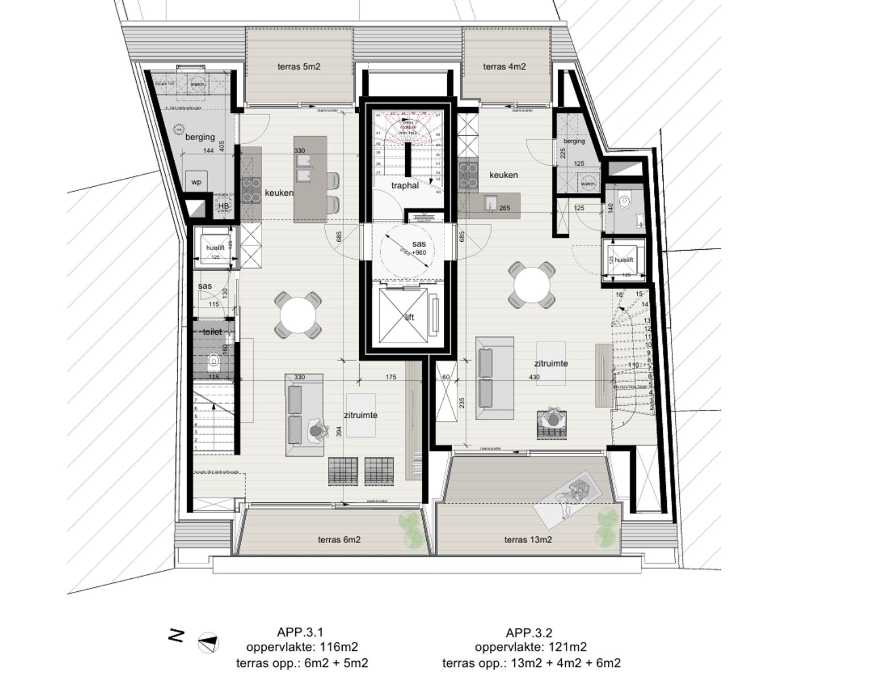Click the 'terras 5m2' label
[299, 66]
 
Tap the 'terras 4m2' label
[504, 66]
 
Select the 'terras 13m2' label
[528, 540]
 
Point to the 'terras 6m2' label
[339, 540]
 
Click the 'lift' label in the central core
[409, 317]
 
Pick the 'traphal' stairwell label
[405, 186]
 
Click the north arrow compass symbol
[208, 643]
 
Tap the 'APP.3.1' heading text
[300, 632]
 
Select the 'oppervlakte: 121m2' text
[531, 647]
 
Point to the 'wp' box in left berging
[196, 182]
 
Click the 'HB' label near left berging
[223, 206]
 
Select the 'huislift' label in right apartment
[623, 260]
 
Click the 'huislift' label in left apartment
[215, 248]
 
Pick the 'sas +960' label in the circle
[419, 248]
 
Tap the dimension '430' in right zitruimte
[534, 377]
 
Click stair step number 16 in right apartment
[619, 295]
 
